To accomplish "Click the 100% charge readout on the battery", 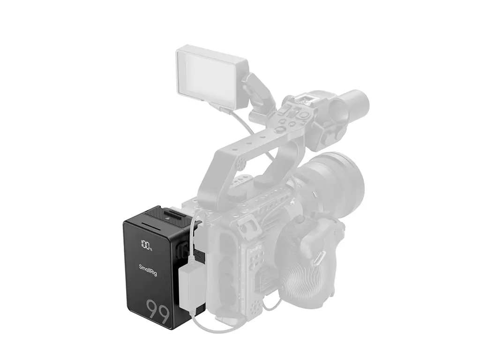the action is click(x=146, y=245).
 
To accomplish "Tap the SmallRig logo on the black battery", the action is click(x=148, y=270).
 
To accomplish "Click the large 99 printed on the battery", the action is click(x=157, y=312).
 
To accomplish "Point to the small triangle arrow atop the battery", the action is click(x=166, y=218).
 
